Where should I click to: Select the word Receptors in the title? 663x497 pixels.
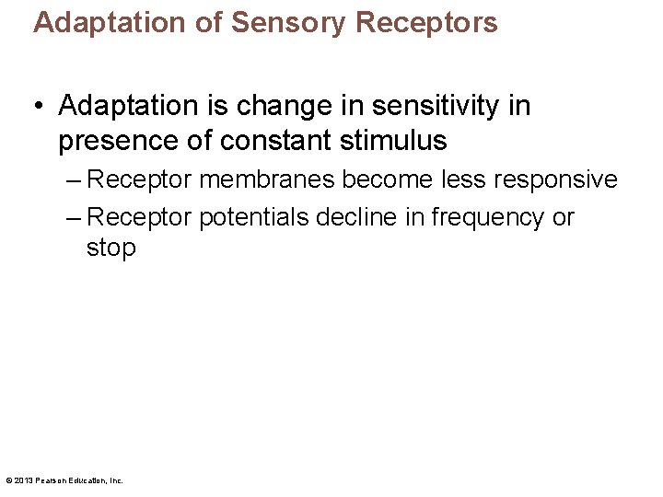(426, 22)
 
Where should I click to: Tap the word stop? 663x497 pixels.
(110, 248)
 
